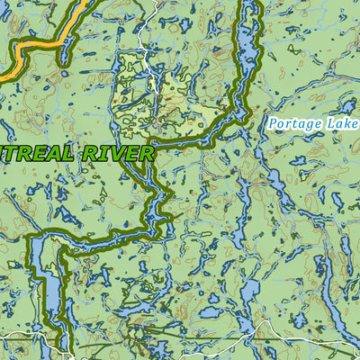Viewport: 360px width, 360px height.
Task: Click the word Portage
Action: [294, 123]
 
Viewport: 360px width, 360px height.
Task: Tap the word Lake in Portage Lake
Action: [341, 122]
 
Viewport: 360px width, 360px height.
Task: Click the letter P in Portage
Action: [272, 122]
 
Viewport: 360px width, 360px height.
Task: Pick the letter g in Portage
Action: [307, 125]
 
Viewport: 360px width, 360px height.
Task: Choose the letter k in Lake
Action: [346, 122]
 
